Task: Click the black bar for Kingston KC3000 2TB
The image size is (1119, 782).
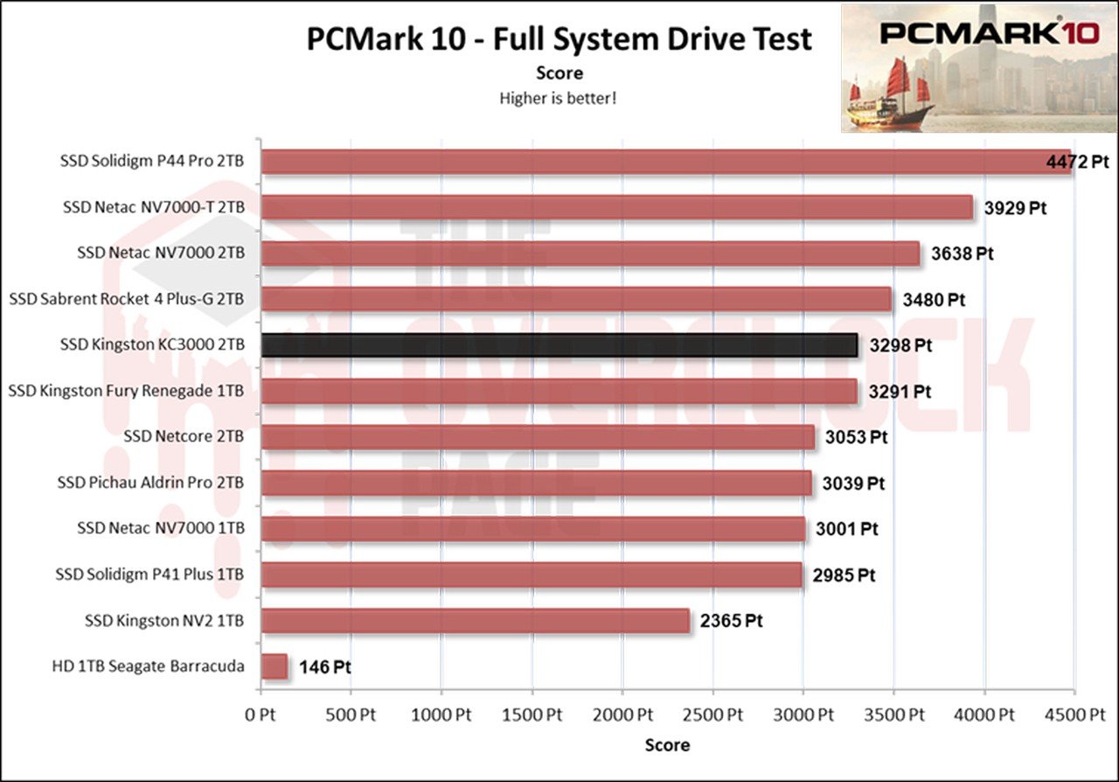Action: click(x=559, y=346)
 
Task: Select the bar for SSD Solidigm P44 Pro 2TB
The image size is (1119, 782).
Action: click(x=664, y=162)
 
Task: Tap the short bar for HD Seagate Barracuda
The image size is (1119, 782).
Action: click(x=275, y=667)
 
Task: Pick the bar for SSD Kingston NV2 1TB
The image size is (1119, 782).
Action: click(x=475, y=621)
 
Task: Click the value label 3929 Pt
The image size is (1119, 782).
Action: click(x=1014, y=208)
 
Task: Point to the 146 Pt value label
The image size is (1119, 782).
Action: click(x=324, y=667)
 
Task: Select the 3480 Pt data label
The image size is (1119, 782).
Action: click(x=933, y=300)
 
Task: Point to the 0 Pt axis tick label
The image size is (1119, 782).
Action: click(x=261, y=715)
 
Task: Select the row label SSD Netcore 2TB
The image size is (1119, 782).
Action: click(x=184, y=436)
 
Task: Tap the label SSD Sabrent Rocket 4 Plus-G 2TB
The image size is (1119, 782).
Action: click(x=126, y=299)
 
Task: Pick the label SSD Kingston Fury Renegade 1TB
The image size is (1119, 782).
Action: click(x=126, y=391)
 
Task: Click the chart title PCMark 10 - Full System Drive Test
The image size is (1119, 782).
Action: click(x=559, y=39)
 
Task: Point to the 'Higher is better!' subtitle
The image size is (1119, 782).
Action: click(x=558, y=98)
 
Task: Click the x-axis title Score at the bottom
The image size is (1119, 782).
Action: click(x=667, y=745)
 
